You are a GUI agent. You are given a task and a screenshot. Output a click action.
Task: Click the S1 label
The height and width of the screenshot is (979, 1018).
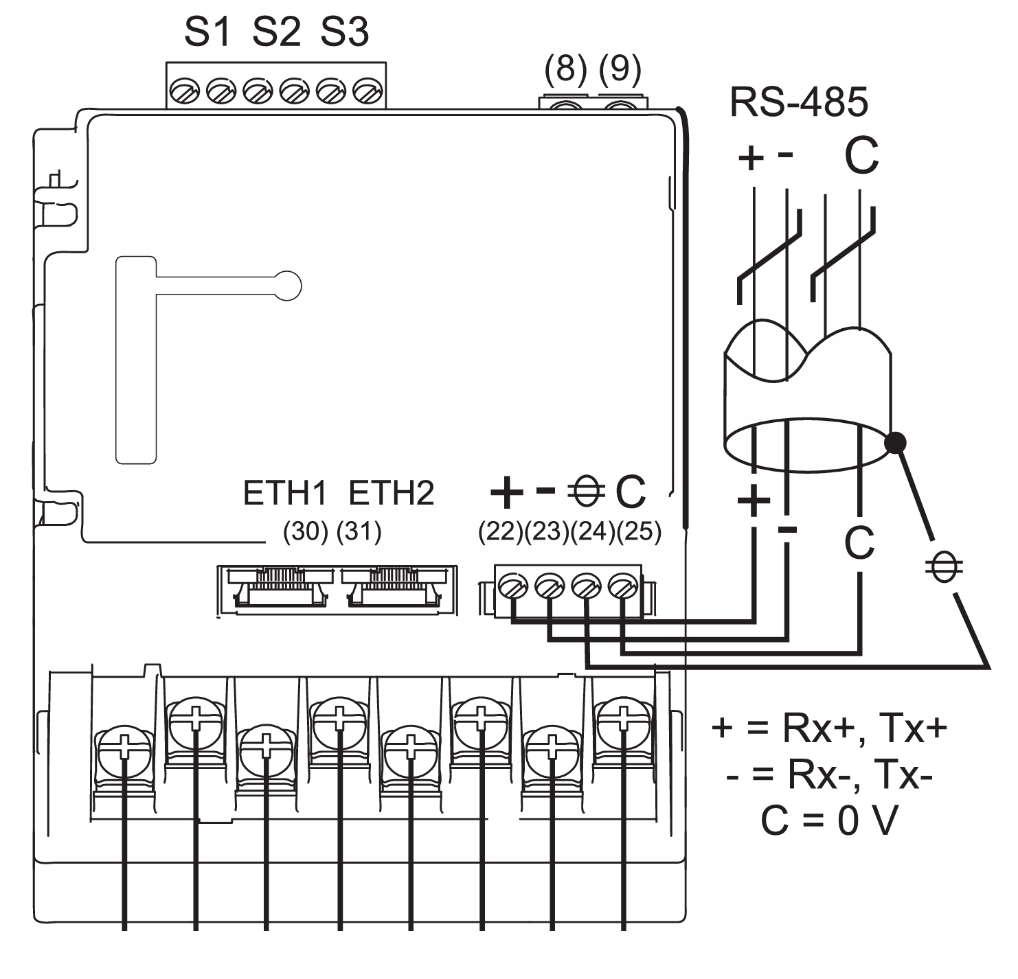207,32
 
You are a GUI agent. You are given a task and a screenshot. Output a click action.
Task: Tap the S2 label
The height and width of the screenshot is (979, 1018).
276,32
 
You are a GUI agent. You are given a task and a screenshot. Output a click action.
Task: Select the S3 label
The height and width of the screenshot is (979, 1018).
345,32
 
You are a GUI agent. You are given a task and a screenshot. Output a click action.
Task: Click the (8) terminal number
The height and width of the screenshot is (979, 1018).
565,69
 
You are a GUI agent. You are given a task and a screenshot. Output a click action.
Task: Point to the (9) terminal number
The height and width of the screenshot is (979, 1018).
620,69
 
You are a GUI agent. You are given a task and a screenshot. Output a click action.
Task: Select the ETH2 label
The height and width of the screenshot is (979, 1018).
392,493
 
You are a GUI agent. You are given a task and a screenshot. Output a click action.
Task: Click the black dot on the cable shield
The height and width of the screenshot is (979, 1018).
894,444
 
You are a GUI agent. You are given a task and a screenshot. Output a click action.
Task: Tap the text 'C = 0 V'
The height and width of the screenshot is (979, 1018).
829,820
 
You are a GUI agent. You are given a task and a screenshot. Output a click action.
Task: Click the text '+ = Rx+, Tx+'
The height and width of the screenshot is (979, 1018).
829,728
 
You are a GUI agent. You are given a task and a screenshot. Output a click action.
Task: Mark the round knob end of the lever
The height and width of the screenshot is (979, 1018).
287,286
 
